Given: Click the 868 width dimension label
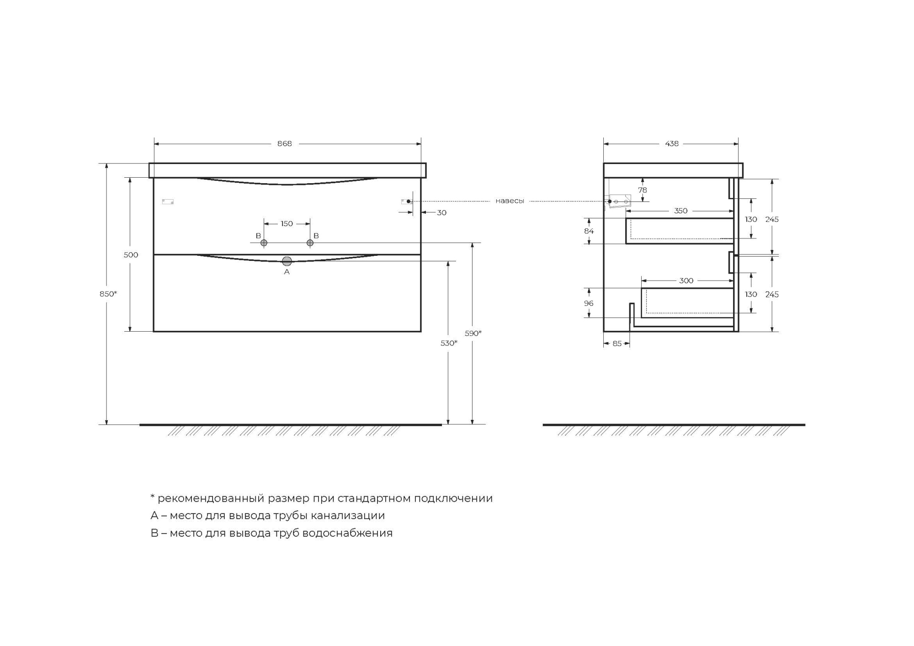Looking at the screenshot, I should [x=284, y=143].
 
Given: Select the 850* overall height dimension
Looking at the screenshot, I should [x=108, y=294].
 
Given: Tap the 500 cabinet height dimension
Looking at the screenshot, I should [x=131, y=255].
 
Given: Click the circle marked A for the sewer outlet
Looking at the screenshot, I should [x=287, y=261].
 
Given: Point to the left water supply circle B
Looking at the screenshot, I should [x=264, y=243].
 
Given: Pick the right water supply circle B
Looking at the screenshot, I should [x=310, y=243].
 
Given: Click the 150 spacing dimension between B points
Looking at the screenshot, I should [x=287, y=224].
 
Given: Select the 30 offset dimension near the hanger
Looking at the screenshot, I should [x=441, y=212].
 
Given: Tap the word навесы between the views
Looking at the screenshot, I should [x=510, y=201].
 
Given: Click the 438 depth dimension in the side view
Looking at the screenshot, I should [x=671, y=143].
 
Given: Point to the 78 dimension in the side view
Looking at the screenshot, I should [x=643, y=190].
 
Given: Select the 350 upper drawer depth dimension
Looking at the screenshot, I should [x=680, y=211].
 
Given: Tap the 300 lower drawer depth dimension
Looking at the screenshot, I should [x=686, y=281].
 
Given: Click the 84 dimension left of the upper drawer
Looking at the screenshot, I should [x=589, y=231].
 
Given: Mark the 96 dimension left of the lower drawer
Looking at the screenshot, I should [x=589, y=303].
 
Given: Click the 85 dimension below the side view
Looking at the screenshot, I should [x=617, y=344].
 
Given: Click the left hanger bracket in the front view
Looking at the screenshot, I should [x=168, y=201].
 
